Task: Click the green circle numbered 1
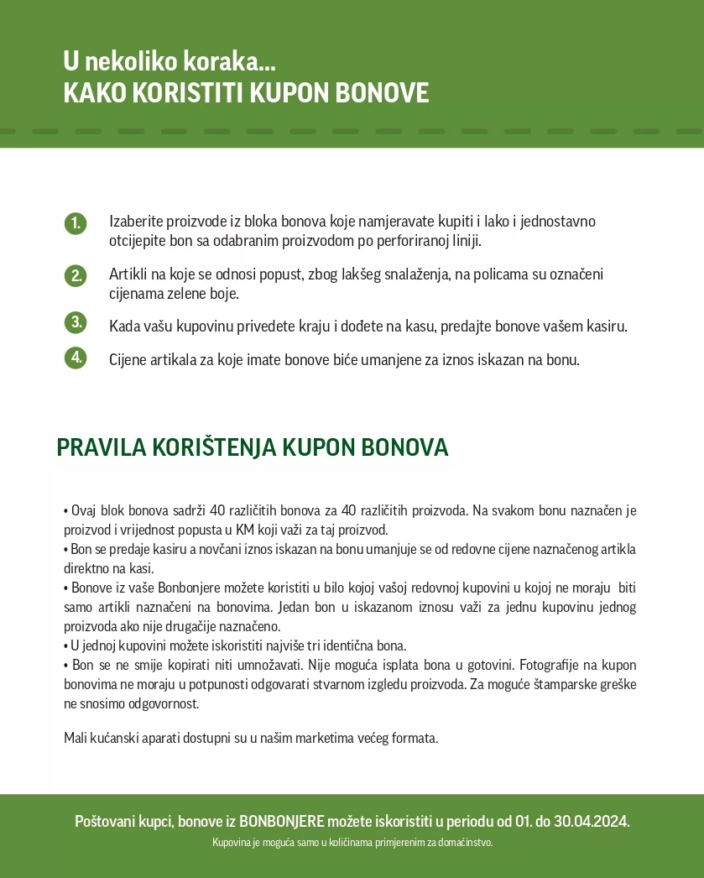(76, 223)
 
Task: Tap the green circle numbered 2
(76, 275)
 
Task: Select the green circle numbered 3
(76, 322)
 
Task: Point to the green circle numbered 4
(76, 358)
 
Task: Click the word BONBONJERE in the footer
(281, 821)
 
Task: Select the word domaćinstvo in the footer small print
(465, 842)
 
